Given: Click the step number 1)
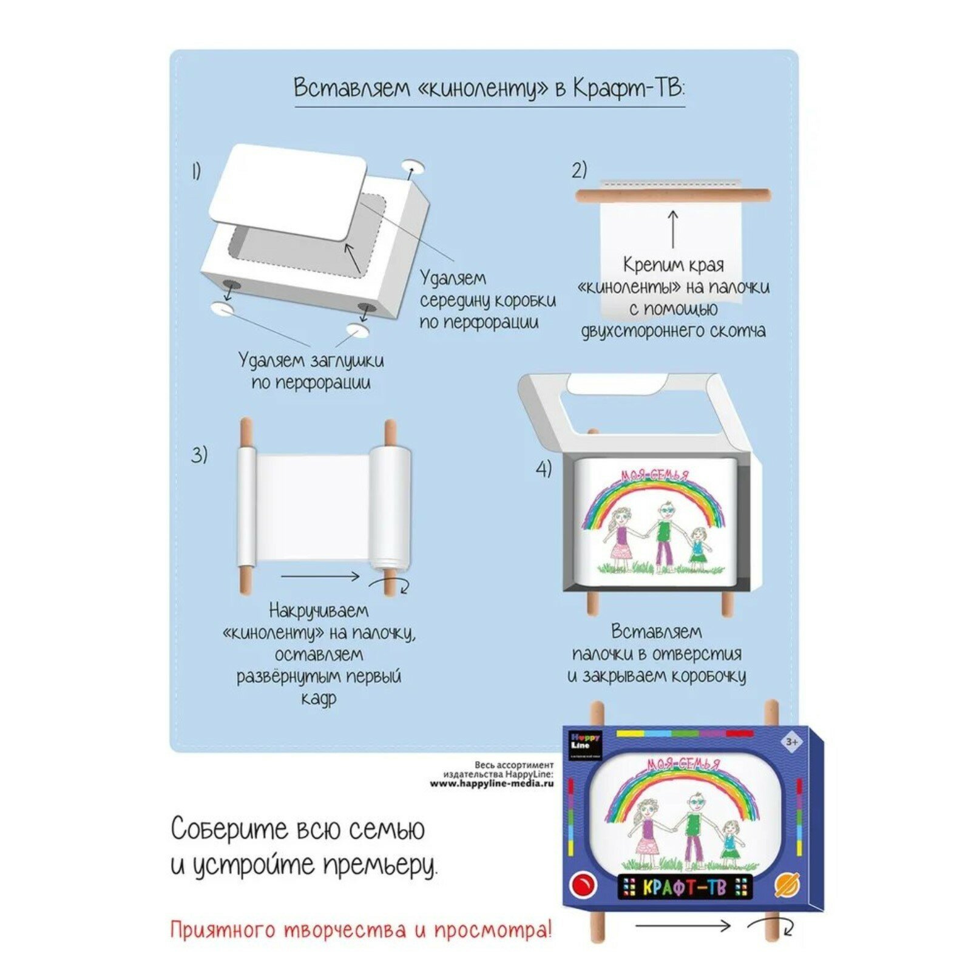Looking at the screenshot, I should pyautogui.click(x=196, y=172).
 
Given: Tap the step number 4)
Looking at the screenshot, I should pyautogui.click(x=544, y=469).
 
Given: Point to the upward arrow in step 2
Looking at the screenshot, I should pyautogui.click(x=673, y=229).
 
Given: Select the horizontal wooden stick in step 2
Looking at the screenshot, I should pyautogui.click(x=672, y=195).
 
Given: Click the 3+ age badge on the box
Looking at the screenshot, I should pyautogui.click(x=791, y=742).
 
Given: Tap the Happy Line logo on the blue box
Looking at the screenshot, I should pyautogui.click(x=586, y=741).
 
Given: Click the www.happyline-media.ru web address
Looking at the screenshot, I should pyautogui.click(x=492, y=783).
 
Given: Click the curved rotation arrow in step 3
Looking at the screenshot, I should pyautogui.click(x=391, y=585).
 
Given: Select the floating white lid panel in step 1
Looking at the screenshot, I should pyautogui.click(x=288, y=191).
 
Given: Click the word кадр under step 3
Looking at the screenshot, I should pyautogui.click(x=318, y=699).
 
